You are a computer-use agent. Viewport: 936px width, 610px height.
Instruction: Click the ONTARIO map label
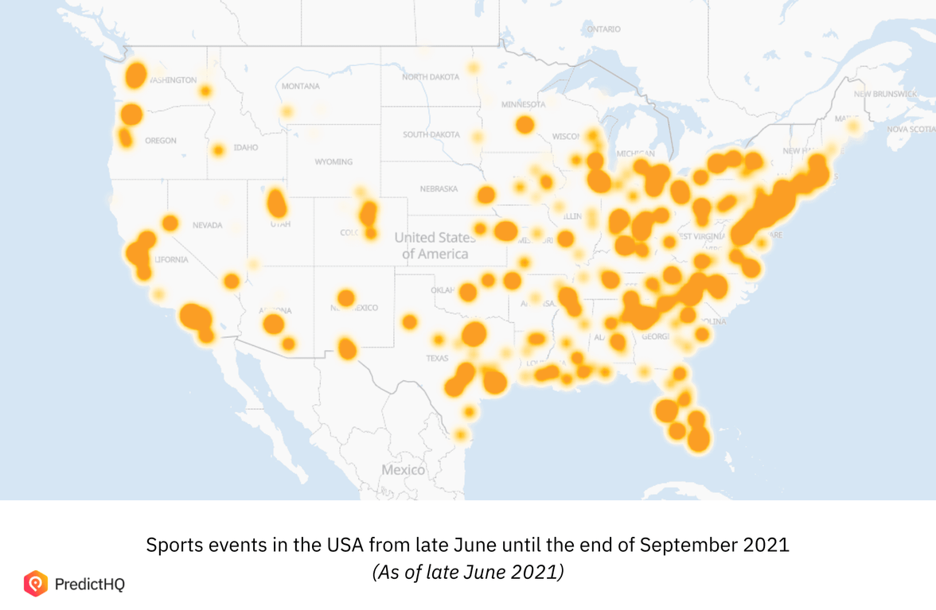603,29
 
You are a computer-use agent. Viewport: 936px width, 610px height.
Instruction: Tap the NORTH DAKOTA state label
431,77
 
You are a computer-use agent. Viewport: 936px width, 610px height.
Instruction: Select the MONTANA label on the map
301,86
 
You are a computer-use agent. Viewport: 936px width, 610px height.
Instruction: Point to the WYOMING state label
333,161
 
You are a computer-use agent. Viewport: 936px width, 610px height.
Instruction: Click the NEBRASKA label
439,188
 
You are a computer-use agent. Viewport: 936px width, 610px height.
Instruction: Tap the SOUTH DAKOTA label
431,134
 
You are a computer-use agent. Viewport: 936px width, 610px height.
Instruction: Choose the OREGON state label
161,141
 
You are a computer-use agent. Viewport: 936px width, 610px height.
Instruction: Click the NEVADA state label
207,225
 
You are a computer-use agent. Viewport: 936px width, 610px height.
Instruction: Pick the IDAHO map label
246,147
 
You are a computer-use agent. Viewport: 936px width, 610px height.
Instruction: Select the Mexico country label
403,470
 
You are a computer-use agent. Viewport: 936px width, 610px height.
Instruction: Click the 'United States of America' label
435,245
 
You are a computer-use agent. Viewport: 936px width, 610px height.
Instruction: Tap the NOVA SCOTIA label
911,129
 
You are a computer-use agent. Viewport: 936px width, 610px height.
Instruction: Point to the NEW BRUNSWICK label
885,94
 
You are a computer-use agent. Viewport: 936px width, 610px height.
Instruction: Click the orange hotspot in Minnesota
525,125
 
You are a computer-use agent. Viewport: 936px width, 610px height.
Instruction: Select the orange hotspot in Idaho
218,150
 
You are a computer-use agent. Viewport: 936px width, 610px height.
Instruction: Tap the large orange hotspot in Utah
276,204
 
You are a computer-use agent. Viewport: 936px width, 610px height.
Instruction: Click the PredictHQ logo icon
36,584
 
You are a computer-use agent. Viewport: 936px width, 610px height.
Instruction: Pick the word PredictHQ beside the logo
90,585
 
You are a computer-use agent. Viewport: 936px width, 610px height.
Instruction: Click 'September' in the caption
678,546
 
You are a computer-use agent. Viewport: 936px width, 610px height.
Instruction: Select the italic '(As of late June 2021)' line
468,572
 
